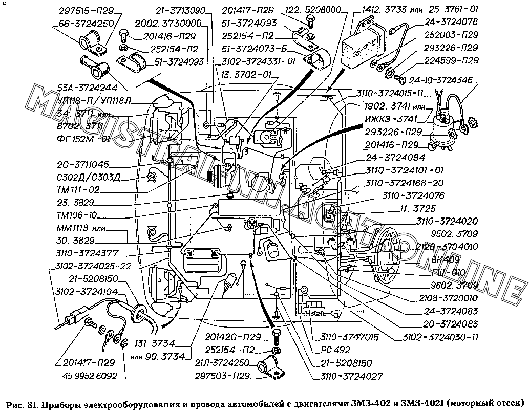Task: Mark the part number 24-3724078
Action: [x=451, y=22]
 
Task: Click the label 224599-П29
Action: [x=451, y=61]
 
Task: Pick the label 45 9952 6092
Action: [x=89, y=376]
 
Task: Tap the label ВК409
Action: [x=447, y=259]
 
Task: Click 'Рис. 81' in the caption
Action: [x=21, y=402]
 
